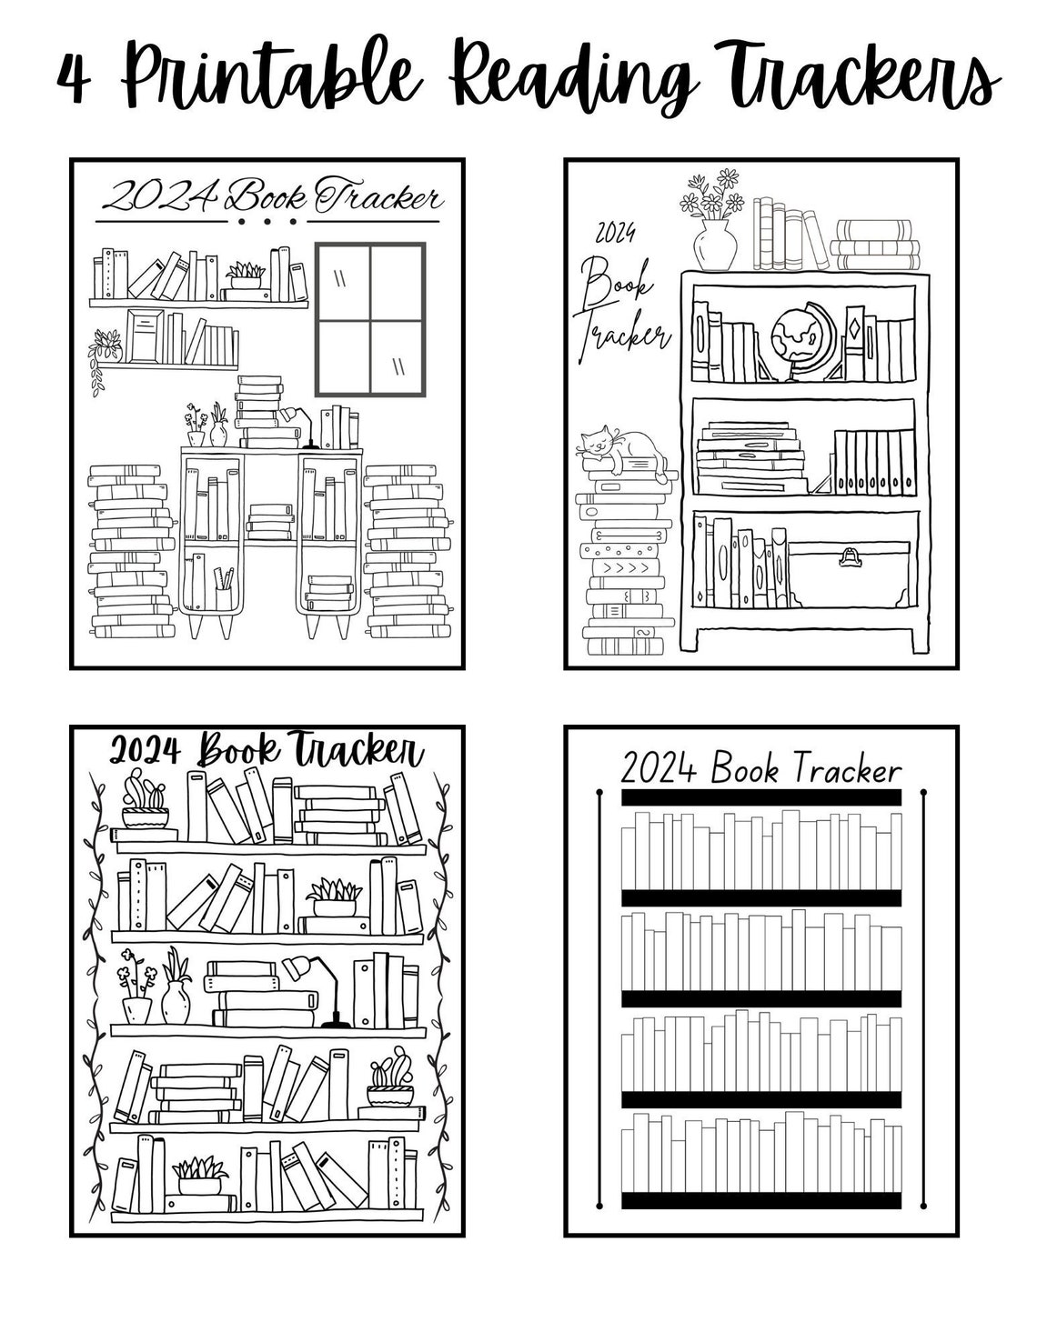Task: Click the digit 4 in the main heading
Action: click(x=74, y=78)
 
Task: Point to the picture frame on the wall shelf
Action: click(x=145, y=337)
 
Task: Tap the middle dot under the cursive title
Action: click(x=267, y=221)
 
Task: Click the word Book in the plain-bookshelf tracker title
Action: click(x=744, y=768)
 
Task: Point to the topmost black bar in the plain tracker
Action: click(x=760, y=797)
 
